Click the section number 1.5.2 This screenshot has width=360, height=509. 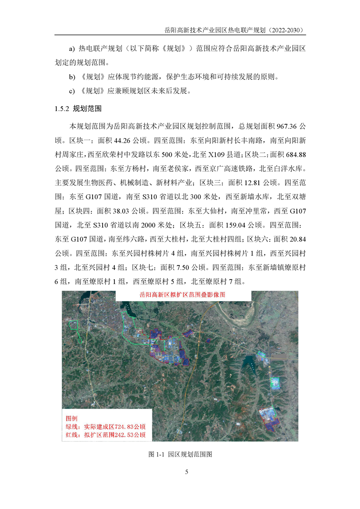point(62,109)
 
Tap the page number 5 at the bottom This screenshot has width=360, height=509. point(187,472)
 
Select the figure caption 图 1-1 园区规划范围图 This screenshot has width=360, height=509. point(180,454)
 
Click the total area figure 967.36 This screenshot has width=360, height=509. point(281,125)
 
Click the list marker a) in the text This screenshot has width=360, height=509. point(71,48)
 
